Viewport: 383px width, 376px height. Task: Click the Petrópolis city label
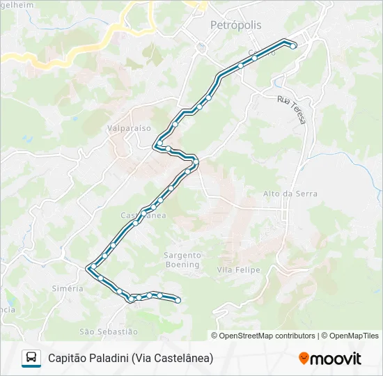[236, 25]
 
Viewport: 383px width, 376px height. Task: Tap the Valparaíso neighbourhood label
[129, 128]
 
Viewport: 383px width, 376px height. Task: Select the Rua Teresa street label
[292, 110]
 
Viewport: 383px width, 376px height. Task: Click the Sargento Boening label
[182, 260]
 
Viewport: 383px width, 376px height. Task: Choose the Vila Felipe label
[238, 269]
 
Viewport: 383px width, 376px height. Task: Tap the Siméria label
[68, 288]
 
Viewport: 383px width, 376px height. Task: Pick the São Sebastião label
[109, 331]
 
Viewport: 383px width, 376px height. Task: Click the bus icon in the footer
[31, 358]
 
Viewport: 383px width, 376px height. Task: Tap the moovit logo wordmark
[336, 359]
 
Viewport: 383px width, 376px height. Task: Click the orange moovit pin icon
[304, 359]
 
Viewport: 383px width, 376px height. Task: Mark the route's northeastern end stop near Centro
[294, 45]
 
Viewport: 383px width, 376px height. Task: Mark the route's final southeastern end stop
[178, 300]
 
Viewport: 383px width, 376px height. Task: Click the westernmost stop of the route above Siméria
[91, 267]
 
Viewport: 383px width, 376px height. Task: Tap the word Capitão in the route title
[66, 358]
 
